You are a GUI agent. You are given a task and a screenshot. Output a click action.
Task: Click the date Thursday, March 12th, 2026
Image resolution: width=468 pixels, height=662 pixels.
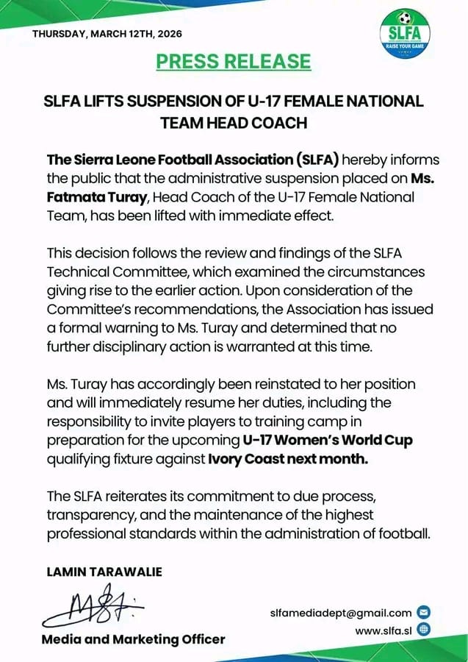point(107,34)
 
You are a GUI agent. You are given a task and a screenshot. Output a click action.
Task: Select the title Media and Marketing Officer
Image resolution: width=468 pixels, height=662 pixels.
point(133,639)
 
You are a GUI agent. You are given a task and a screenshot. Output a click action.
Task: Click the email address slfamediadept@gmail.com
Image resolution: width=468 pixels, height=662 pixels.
point(340,612)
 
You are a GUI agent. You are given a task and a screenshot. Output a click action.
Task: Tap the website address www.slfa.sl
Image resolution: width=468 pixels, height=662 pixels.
point(382,630)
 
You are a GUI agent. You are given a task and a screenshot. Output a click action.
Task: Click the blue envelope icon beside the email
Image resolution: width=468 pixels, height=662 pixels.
point(422,612)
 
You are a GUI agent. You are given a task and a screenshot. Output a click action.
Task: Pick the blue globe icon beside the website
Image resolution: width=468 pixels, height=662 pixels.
point(422,630)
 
